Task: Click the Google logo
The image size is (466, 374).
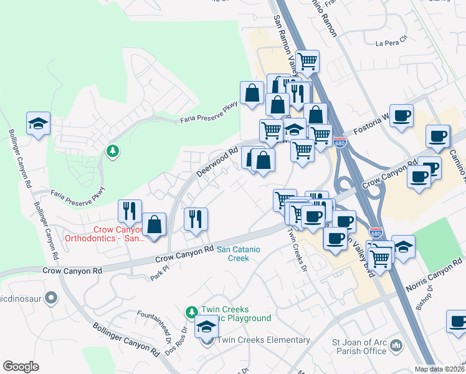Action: pyautogui.click(x=21, y=367)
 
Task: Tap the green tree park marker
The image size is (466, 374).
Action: pyautogui.click(x=112, y=151)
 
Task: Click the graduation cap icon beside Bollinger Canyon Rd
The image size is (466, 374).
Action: pyautogui.click(x=38, y=123)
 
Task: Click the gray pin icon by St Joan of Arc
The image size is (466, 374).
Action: pyautogui.click(x=396, y=346)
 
